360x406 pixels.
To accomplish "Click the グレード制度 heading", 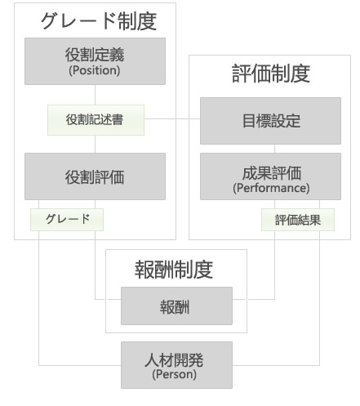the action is pyautogui.click(x=99, y=21).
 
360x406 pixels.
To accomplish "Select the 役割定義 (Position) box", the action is pyautogui.click(x=95, y=61).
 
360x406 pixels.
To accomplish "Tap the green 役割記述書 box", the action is pyautogui.click(x=96, y=120).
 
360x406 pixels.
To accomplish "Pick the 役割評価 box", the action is pyautogui.click(x=95, y=176).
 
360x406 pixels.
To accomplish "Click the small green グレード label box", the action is pyautogui.click(x=67, y=220).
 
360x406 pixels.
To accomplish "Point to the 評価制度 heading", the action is pyautogui.click(x=271, y=74).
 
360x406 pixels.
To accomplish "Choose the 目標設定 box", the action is pyautogui.click(x=270, y=121).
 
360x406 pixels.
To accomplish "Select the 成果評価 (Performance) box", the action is pyautogui.click(x=270, y=176).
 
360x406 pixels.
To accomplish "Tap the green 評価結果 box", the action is pyautogui.click(x=298, y=220).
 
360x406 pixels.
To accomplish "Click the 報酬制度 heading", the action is pyautogui.click(x=174, y=270).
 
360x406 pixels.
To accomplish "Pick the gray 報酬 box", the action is pyautogui.click(x=176, y=306).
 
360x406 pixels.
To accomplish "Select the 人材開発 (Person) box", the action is pyautogui.click(x=176, y=365).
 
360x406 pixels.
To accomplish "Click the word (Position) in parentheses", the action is pyautogui.click(x=95, y=70).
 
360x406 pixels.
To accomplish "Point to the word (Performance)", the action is pyautogui.click(x=271, y=188).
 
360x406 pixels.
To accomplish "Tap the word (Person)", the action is pyautogui.click(x=175, y=374).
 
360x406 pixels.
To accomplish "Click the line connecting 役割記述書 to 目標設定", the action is pyautogui.click(x=172, y=118).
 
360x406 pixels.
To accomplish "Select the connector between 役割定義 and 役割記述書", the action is pyautogui.click(x=95, y=95).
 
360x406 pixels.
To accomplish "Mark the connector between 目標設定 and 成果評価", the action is pyautogui.click(x=274, y=149).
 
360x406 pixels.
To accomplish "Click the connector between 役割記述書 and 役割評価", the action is pyautogui.click(x=95, y=144).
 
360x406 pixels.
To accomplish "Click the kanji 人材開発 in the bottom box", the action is pyautogui.click(x=174, y=360).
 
